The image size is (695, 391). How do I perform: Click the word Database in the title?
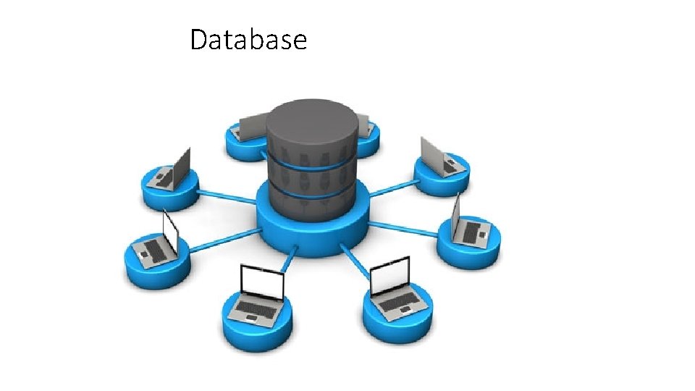[x=248, y=40]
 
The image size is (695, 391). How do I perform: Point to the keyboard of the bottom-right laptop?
[x=397, y=303]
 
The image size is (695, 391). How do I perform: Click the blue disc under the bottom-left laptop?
[x=257, y=329]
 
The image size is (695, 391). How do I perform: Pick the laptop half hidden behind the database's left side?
[x=250, y=127]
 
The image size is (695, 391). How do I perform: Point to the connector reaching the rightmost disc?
[x=405, y=229]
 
